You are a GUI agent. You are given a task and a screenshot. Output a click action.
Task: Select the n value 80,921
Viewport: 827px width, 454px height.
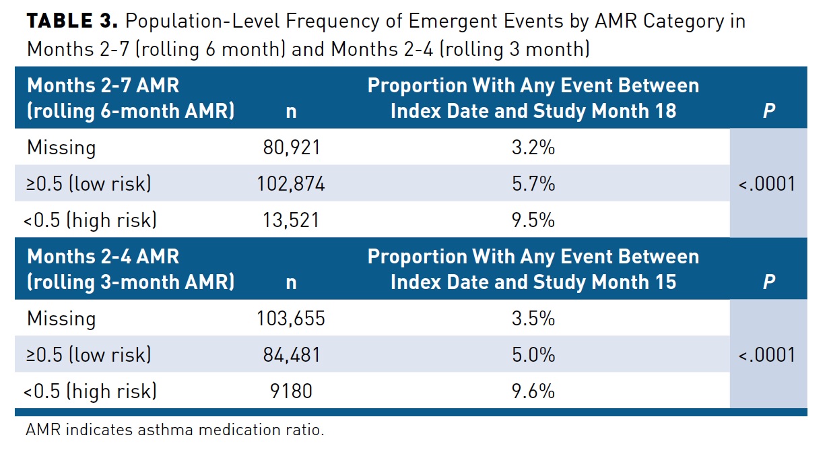click(291, 148)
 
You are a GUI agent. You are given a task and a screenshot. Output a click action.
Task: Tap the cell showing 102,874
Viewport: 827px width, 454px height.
click(291, 184)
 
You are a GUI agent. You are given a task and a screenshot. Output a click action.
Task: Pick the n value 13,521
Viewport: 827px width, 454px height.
click(291, 220)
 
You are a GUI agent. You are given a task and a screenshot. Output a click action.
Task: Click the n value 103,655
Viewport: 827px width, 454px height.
click(291, 318)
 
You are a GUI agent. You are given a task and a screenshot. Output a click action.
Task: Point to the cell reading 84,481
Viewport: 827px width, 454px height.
click(291, 354)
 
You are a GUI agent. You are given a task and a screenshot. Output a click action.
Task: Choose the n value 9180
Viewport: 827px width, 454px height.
click(291, 391)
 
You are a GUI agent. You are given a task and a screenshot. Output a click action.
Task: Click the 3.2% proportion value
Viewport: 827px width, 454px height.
click(533, 148)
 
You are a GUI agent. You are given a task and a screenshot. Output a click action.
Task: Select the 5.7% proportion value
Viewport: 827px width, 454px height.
click(533, 184)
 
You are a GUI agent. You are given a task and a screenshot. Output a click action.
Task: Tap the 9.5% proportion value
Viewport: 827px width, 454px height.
click(533, 220)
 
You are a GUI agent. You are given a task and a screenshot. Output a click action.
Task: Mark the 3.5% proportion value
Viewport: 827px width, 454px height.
click(533, 318)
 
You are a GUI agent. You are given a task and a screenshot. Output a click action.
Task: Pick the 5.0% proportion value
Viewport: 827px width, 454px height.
click(533, 354)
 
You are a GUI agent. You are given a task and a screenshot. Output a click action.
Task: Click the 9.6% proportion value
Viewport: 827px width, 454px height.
click(533, 391)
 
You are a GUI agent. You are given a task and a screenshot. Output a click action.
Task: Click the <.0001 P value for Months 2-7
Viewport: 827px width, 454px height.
click(767, 184)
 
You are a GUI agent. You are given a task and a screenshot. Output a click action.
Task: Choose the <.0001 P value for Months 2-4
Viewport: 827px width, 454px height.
click(767, 354)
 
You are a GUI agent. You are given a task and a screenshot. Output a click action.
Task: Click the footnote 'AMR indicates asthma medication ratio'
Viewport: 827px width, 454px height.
click(175, 430)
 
